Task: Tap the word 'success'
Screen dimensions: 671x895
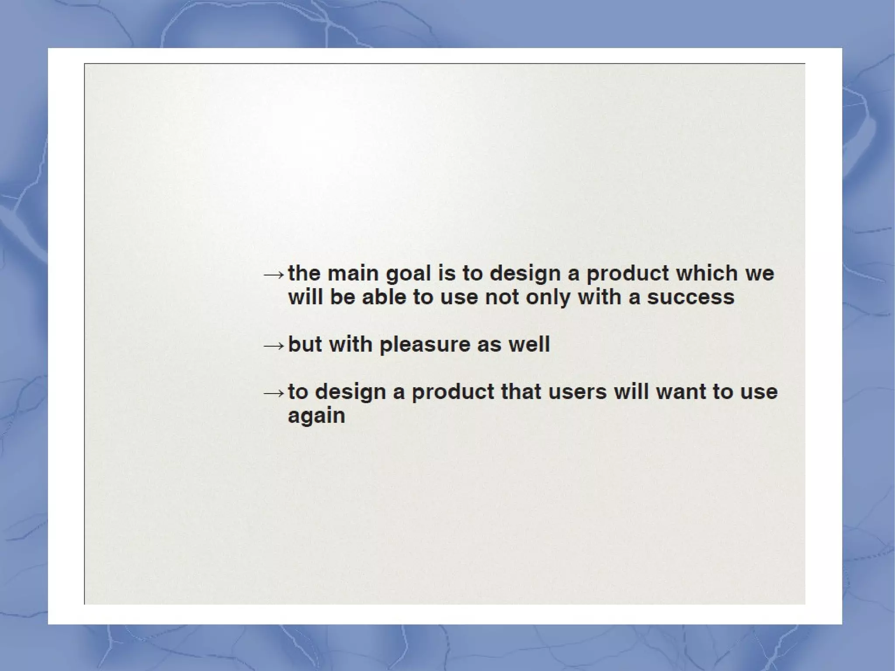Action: [x=690, y=297]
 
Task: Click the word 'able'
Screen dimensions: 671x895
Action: [x=384, y=297]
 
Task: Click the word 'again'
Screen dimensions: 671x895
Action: [x=316, y=416]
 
